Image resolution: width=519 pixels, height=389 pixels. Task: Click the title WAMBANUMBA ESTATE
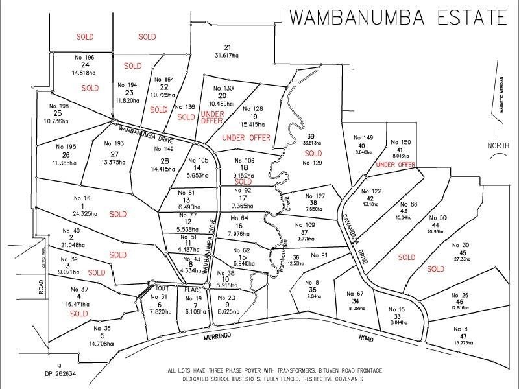click(x=397, y=17)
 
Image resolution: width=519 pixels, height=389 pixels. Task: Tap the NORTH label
click(x=500, y=146)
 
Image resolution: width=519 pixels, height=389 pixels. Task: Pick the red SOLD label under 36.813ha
click(x=313, y=153)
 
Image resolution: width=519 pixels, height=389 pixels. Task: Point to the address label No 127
click(x=315, y=196)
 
